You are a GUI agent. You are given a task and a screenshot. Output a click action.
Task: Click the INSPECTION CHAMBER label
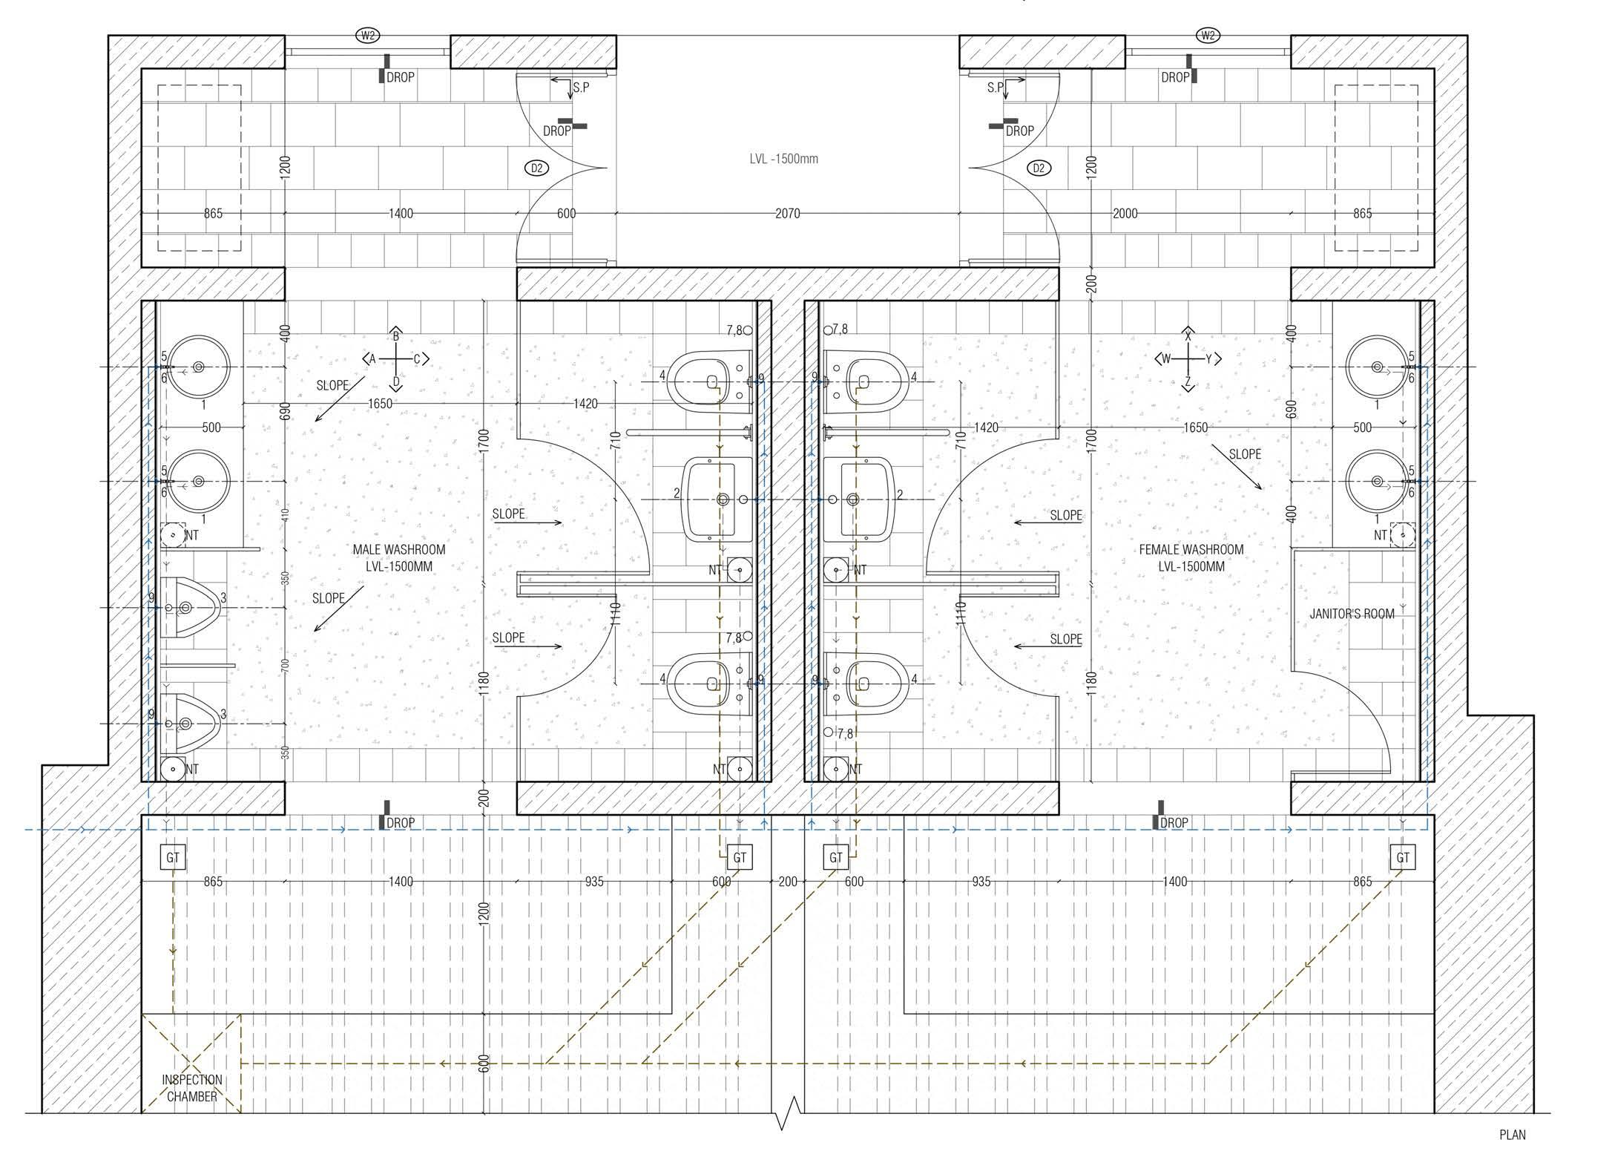pyautogui.click(x=192, y=1088)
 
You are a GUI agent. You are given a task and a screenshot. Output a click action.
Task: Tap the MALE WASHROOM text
pyautogui.click(x=399, y=550)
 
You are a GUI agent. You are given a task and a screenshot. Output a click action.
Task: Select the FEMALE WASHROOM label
pyautogui.click(x=1191, y=550)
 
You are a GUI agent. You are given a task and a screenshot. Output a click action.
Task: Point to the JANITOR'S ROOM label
pyautogui.click(x=1352, y=614)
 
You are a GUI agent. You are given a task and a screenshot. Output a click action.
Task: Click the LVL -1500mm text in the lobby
pyautogui.click(x=783, y=159)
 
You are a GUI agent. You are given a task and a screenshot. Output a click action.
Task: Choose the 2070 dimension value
pyautogui.click(x=787, y=214)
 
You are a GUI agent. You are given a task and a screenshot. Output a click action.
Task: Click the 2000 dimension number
pyautogui.click(x=1125, y=214)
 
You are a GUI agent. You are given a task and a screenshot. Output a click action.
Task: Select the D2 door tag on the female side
pyautogui.click(x=1039, y=168)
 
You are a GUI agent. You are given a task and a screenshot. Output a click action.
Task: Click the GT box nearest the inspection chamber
pyautogui.click(x=173, y=858)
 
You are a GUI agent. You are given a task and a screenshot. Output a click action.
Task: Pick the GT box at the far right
pyautogui.click(x=1402, y=858)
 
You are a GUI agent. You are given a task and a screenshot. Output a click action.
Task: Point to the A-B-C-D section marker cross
pyautogui.click(x=396, y=360)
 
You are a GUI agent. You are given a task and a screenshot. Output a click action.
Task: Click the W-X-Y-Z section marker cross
pyautogui.click(x=1188, y=360)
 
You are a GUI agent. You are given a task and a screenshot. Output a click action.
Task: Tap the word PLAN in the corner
pyautogui.click(x=1513, y=1135)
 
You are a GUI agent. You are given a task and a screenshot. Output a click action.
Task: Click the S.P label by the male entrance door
pyautogui.click(x=581, y=88)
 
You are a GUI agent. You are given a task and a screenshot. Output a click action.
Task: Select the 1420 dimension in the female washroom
pyautogui.click(x=986, y=427)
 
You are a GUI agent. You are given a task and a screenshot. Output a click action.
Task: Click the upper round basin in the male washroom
pyautogui.click(x=198, y=367)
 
